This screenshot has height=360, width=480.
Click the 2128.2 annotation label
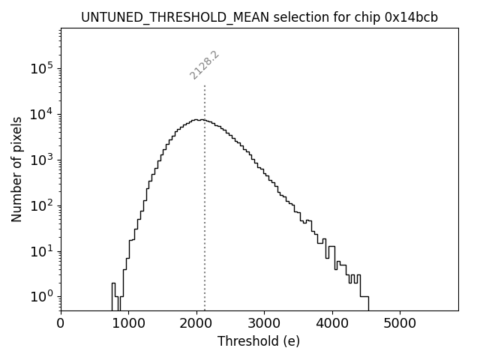(x=204, y=65)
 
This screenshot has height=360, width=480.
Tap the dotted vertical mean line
(x=205, y=225)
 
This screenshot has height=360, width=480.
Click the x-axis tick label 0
(x=61, y=324)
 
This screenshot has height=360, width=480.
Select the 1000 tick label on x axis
(x=128, y=324)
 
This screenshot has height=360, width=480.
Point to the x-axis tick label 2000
(x=196, y=324)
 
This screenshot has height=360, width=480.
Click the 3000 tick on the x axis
(x=264, y=324)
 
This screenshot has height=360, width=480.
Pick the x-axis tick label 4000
(x=331, y=324)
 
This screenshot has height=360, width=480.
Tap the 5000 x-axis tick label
(x=399, y=324)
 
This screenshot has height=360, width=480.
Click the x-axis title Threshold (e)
(x=259, y=342)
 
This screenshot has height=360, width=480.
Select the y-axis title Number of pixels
(x=16, y=169)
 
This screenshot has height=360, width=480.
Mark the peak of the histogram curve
(x=196, y=119)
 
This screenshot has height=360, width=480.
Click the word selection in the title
(x=278, y=17)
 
